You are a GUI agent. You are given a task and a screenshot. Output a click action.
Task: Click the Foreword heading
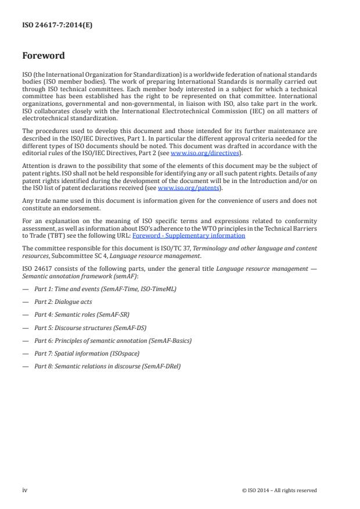coord(44,56)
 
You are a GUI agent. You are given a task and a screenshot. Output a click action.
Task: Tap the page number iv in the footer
coord(25,490)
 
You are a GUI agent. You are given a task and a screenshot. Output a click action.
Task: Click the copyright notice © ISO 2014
coord(279,490)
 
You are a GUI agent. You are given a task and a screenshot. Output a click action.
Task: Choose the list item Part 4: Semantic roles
coord(82,314)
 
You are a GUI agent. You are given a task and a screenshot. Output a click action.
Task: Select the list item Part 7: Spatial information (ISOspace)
coord(87,353)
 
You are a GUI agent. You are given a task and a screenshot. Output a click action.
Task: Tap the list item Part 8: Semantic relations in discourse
coord(107,367)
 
